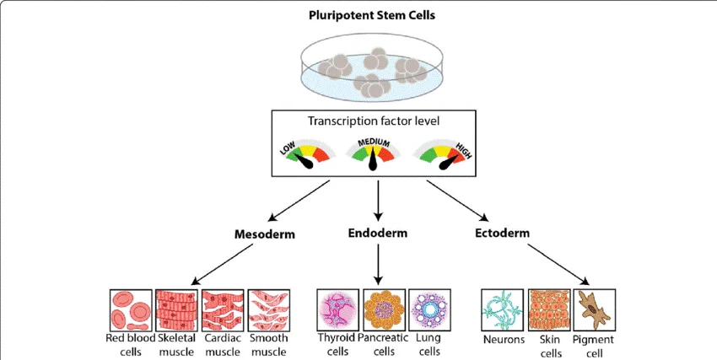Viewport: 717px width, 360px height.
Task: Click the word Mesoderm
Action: pyautogui.click(x=263, y=234)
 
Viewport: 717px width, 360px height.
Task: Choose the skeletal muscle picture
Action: pyautogui.click(x=177, y=310)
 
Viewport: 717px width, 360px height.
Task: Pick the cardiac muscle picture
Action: pyautogui.click(x=224, y=310)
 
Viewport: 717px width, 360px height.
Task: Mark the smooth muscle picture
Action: pyautogui.click(x=269, y=310)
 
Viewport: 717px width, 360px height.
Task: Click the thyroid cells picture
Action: pyautogui.click(x=339, y=309)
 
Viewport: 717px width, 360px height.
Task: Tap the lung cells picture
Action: pyautogui.click(x=429, y=309)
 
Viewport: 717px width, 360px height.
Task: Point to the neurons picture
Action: pyautogui.click(x=503, y=309)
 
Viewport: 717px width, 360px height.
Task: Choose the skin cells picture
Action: pyautogui.click(x=549, y=309)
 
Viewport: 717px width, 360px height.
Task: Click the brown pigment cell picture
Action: pyautogui.click(x=595, y=309)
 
